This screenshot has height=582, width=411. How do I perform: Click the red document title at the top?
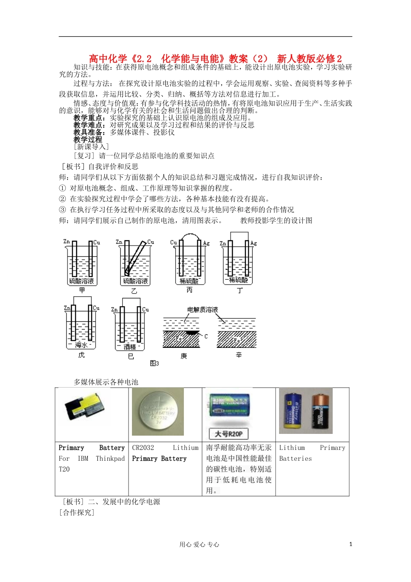pos(215,58)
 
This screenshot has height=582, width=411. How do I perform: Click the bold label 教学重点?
pos(89,118)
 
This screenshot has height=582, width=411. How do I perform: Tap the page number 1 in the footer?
pos(350,544)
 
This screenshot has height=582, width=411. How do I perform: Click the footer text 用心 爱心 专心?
pos(199,545)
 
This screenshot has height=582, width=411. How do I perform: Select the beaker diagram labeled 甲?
pos(82,262)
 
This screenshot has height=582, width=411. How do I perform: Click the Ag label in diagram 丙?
pos(206,243)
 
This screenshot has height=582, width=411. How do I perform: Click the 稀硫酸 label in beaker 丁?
pos(238,280)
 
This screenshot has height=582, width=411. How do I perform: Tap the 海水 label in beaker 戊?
pos(81,345)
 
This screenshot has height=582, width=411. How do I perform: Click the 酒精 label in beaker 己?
pos(130,347)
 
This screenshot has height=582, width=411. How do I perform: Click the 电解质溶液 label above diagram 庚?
pos(202,310)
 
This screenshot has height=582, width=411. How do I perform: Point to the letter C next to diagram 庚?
pos(206,336)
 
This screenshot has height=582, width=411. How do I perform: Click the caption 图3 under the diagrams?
pos(154,363)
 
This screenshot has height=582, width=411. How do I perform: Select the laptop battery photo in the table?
pos(88,407)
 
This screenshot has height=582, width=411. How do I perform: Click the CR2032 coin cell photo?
pos(158,412)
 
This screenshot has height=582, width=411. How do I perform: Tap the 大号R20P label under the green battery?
pos(229,434)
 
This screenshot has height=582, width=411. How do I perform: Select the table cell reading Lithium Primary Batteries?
pos(312,453)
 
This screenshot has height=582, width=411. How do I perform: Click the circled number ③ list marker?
pos(62,210)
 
